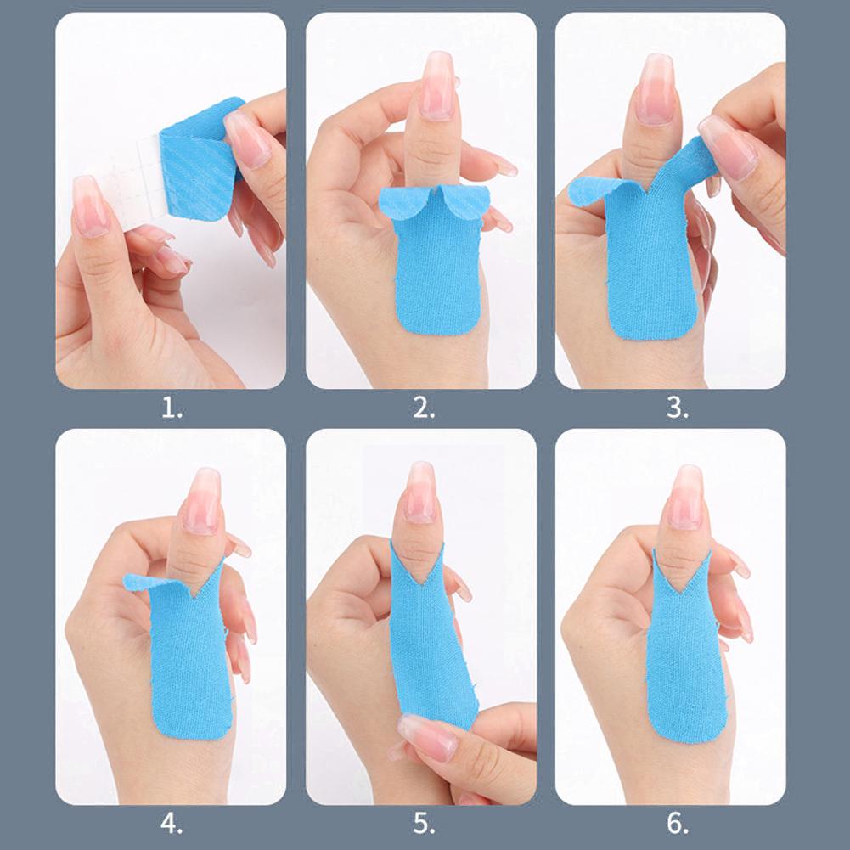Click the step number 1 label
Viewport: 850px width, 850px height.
click(x=172, y=409)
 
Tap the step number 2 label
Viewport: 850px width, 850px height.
click(x=423, y=409)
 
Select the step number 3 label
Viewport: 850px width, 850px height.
click(x=675, y=409)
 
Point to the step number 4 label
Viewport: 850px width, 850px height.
click(x=172, y=824)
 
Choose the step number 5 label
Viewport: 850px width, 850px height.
click(x=423, y=824)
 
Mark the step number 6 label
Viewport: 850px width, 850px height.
click(x=675, y=824)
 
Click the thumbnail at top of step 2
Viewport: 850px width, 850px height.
click(x=438, y=85)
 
